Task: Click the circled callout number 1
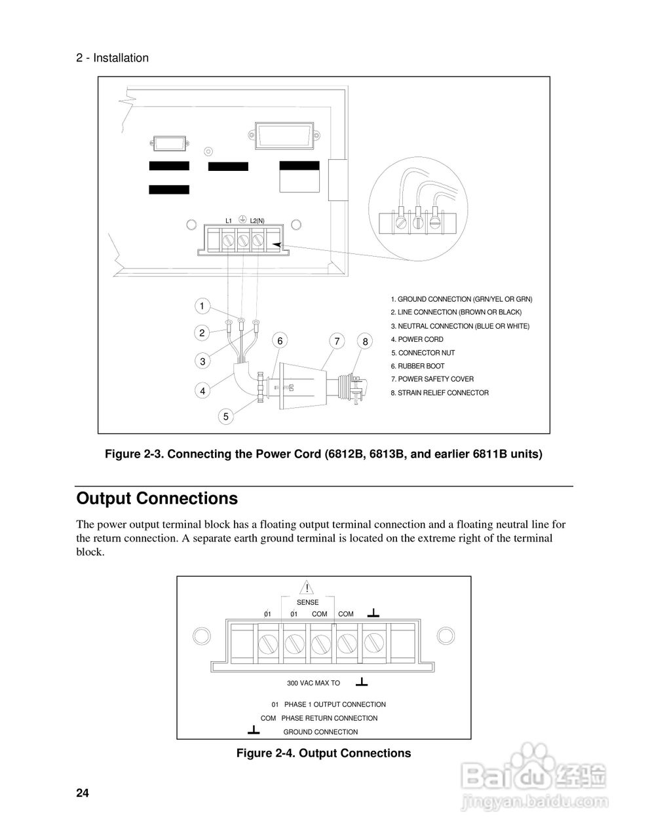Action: [x=202, y=306]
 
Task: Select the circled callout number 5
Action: [x=225, y=416]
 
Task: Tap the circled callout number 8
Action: [x=366, y=341]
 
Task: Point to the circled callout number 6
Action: [x=280, y=340]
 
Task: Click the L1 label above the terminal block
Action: [x=229, y=221]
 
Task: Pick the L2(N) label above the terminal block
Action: [x=257, y=221]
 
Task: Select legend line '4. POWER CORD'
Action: [x=417, y=339]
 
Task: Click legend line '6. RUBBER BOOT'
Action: [x=417, y=366]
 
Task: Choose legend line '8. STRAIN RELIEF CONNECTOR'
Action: [x=439, y=393]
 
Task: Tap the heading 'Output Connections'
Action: [x=157, y=498]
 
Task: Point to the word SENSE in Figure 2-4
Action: [x=307, y=602]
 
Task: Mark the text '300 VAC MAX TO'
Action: [x=313, y=683]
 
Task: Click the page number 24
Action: [x=83, y=793]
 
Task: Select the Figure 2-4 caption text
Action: [x=323, y=753]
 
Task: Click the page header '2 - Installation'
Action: [x=113, y=58]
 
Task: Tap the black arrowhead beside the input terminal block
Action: [x=276, y=244]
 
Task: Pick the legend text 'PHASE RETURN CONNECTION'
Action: [x=329, y=718]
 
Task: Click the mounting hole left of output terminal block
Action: [x=200, y=635]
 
